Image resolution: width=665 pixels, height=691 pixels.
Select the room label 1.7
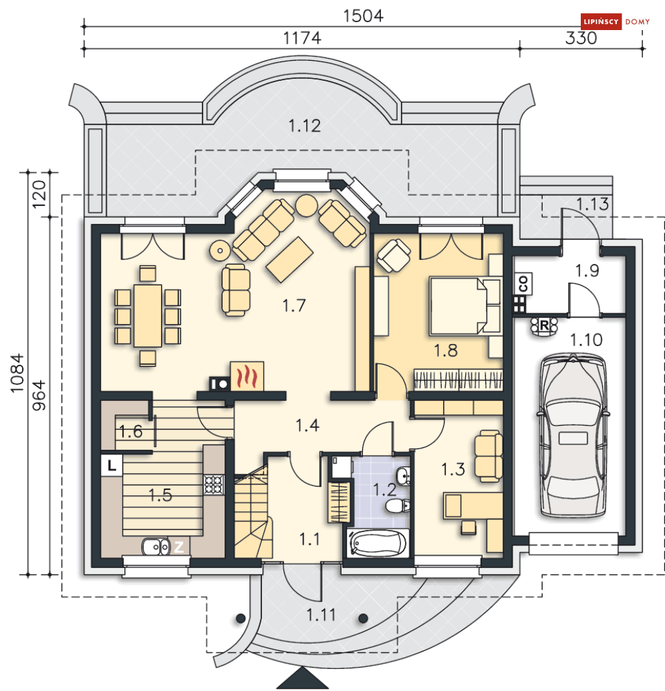[x=293, y=306]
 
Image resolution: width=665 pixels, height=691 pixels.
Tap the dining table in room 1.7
[x=148, y=315]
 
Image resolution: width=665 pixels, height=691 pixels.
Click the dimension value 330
[x=581, y=39]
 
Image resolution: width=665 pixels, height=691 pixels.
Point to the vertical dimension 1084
[x=18, y=374]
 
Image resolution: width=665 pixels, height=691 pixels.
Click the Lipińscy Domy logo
[x=606, y=22]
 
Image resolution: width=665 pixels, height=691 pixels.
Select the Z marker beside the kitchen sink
[x=179, y=547]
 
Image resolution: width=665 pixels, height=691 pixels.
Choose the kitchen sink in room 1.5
[x=156, y=547]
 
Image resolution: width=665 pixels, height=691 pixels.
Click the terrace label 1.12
[x=304, y=125]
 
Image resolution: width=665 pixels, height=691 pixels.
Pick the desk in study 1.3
[x=472, y=506]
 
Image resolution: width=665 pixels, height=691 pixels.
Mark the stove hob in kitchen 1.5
[x=213, y=484]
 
